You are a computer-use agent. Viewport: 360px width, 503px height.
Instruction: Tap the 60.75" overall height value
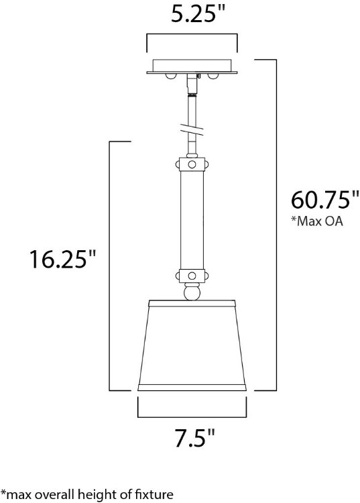point(320,200)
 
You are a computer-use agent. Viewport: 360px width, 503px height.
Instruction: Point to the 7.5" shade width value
point(192,440)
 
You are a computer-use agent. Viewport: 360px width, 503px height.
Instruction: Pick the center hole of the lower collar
point(192,276)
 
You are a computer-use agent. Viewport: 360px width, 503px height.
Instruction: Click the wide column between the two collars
point(192,219)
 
